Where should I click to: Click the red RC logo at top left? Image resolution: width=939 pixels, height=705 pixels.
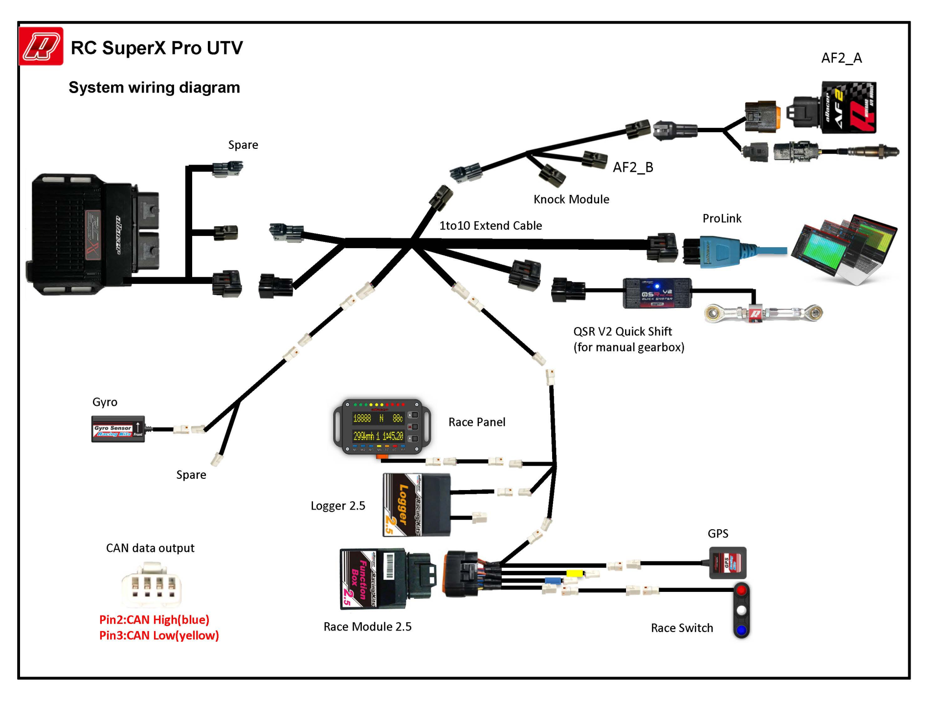41,47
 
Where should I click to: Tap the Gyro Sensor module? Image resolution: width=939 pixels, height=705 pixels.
118,429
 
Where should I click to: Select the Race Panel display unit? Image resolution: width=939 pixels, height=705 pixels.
381,426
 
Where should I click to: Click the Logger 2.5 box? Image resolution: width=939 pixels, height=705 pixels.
416,505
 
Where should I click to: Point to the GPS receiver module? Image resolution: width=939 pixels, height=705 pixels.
728,563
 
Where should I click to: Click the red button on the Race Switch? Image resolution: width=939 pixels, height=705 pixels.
741,590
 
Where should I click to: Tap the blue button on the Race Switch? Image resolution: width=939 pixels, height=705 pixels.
741,630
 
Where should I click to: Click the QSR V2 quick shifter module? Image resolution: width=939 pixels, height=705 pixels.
657,293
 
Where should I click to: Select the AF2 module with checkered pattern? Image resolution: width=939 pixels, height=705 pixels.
849,108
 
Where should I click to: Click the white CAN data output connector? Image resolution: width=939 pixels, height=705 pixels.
151,585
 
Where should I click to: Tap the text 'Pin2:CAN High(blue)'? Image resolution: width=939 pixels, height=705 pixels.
154,620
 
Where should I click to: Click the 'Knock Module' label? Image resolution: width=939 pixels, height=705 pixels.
571,199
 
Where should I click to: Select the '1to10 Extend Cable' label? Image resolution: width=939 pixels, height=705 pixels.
491,226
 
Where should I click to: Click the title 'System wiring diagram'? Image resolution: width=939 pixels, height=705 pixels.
154,88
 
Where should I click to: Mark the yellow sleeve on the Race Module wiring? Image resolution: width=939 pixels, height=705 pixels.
574,573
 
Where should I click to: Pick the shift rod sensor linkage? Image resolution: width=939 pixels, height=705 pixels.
763,313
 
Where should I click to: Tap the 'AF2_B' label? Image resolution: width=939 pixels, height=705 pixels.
633,167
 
